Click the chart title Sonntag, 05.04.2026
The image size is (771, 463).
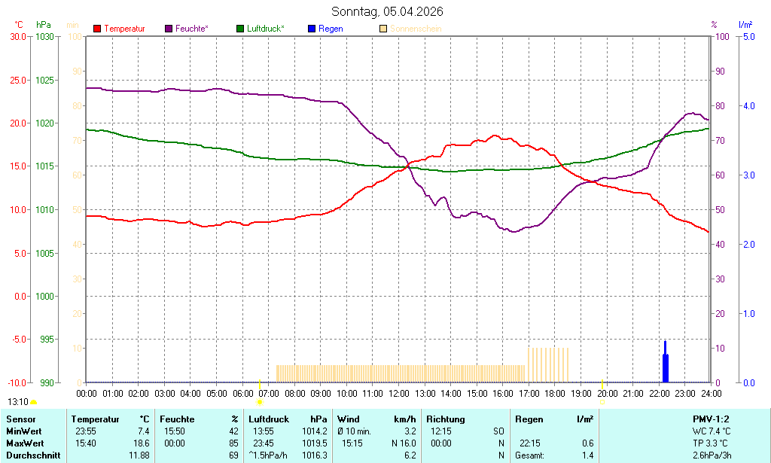pyautogui.click(x=387, y=11)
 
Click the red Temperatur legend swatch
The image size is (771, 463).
pyautogui.click(x=97, y=29)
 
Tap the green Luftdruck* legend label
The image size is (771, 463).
pyautogui.click(x=265, y=29)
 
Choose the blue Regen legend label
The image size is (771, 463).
pyautogui.click(x=331, y=29)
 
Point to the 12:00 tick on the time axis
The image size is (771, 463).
pyautogui.click(x=399, y=393)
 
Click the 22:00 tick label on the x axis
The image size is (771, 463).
pyautogui.click(x=660, y=393)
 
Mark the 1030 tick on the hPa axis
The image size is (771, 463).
pyautogui.click(x=45, y=36)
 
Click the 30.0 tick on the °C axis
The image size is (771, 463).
pyautogui.click(x=17, y=36)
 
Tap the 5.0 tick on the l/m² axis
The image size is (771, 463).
pyautogui.click(x=748, y=36)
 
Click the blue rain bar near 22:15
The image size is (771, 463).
pyautogui.click(x=665, y=365)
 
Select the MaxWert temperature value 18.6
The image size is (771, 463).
pyautogui.click(x=141, y=443)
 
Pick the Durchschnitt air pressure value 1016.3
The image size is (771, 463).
pyautogui.click(x=314, y=455)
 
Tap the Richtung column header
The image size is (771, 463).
pyautogui.click(x=445, y=419)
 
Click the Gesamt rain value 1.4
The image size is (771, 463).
pyautogui.click(x=587, y=455)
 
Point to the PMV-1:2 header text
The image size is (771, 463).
pyautogui.click(x=711, y=419)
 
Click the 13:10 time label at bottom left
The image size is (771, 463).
pyautogui.click(x=18, y=402)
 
